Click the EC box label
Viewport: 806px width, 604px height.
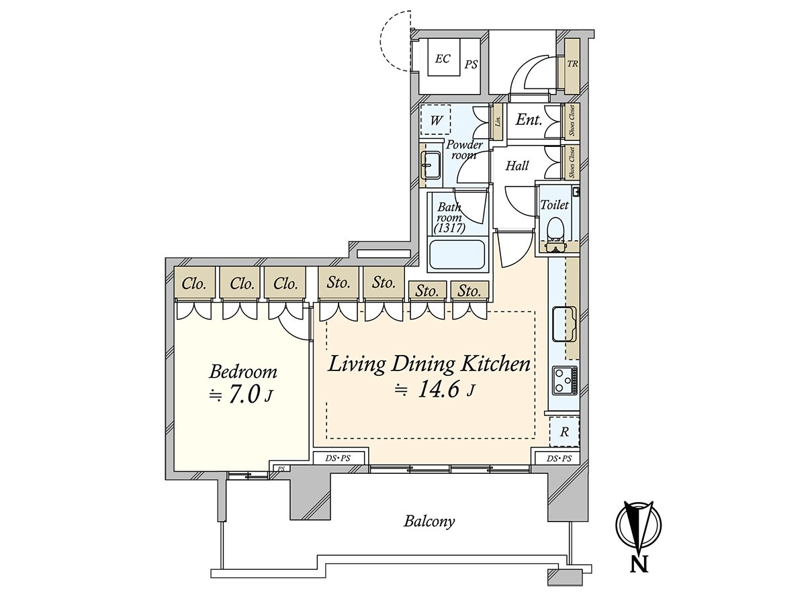click(x=443, y=58)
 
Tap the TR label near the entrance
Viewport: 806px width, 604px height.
click(x=572, y=64)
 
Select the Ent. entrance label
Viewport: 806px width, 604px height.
click(x=529, y=119)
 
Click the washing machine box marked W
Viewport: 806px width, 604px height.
click(x=435, y=120)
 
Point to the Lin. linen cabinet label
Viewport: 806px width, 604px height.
click(x=498, y=121)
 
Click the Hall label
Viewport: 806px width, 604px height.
click(x=517, y=166)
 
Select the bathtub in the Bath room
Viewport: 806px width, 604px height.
click(x=457, y=255)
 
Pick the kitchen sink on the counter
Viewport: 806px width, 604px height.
click(x=564, y=324)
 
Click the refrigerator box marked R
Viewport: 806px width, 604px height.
click(x=564, y=432)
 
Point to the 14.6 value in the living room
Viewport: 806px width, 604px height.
click(x=439, y=390)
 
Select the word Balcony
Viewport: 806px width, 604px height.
click(x=429, y=521)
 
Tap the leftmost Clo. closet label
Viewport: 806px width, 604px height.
click(x=194, y=283)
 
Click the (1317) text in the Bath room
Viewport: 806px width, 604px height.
click(x=449, y=228)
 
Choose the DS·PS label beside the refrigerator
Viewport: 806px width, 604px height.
click(x=559, y=458)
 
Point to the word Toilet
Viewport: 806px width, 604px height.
click(x=555, y=205)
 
